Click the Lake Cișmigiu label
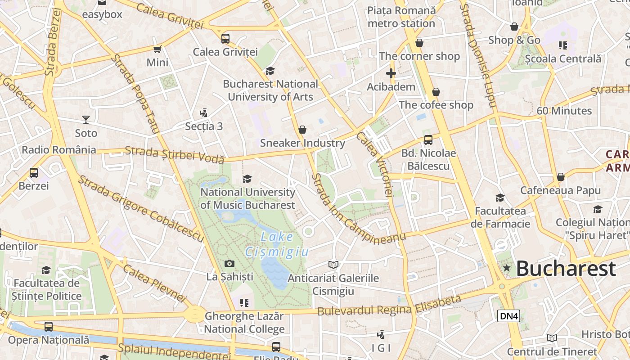click(x=276, y=244)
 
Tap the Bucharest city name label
click(x=566, y=269)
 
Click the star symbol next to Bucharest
click(x=507, y=268)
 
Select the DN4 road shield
click(x=509, y=316)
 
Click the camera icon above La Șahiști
click(x=229, y=263)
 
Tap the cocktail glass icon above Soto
click(x=86, y=120)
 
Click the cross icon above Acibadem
click(x=391, y=73)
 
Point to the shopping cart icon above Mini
click(x=157, y=49)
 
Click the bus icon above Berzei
click(x=34, y=172)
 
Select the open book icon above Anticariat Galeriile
click(x=333, y=265)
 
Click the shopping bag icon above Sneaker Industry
click(x=302, y=130)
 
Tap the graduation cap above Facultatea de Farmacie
click(x=500, y=198)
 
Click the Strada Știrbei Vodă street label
click(x=174, y=154)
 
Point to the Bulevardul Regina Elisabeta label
click(x=389, y=306)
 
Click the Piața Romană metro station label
click(x=401, y=17)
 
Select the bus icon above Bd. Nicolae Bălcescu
click(x=428, y=139)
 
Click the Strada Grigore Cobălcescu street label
click(x=141, y=208)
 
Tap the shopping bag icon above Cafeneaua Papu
click(x=560, y=177)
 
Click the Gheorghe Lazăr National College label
click(x=244, y=323)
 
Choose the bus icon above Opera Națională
click(x=49, y=327)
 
